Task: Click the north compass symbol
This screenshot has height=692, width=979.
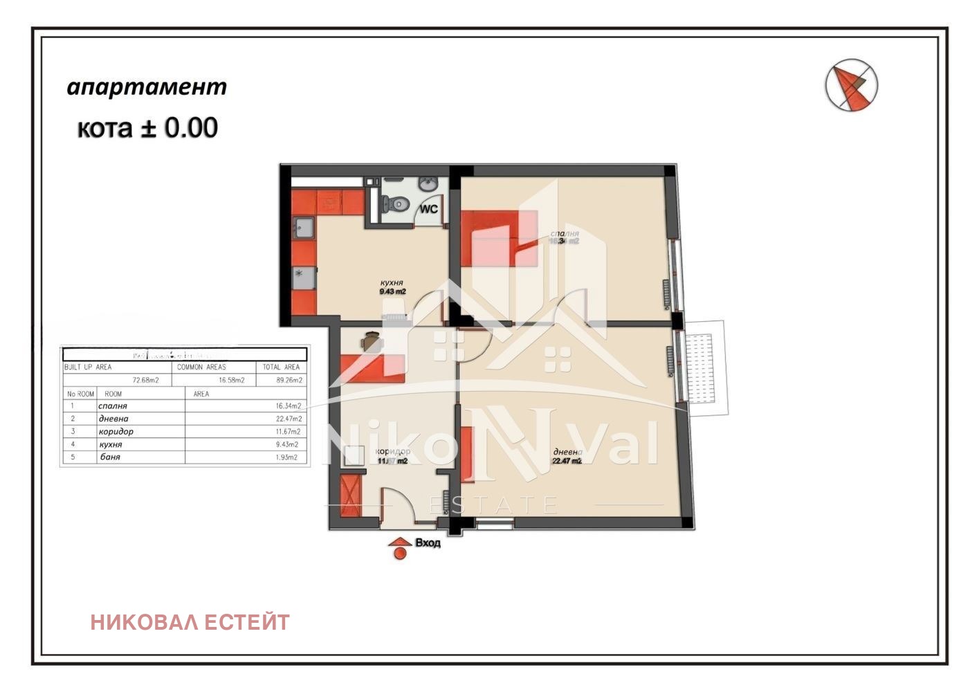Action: pos(851,85)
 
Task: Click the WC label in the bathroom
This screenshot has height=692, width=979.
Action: pos(428,208)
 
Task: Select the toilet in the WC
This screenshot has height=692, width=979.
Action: pos(397,203)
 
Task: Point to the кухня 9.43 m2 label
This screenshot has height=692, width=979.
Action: pos(392,287)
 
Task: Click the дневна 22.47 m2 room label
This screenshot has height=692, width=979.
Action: pos(567,456)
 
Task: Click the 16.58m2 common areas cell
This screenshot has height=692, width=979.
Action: pos(231,380)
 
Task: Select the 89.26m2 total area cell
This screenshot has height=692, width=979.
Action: pos(289,380)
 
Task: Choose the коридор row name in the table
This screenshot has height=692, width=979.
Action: pos(116,432)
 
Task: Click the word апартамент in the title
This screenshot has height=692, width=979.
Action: pos(147,87)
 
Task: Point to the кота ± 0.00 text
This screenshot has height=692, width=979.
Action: pos(147,128)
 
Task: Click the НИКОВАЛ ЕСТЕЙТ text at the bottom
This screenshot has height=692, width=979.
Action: pos(190,622)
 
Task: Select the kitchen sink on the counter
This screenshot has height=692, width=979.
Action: pos(304,227)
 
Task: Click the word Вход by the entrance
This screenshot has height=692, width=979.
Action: pos(428,543)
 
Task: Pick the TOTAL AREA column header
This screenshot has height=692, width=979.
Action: pos(281,367)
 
